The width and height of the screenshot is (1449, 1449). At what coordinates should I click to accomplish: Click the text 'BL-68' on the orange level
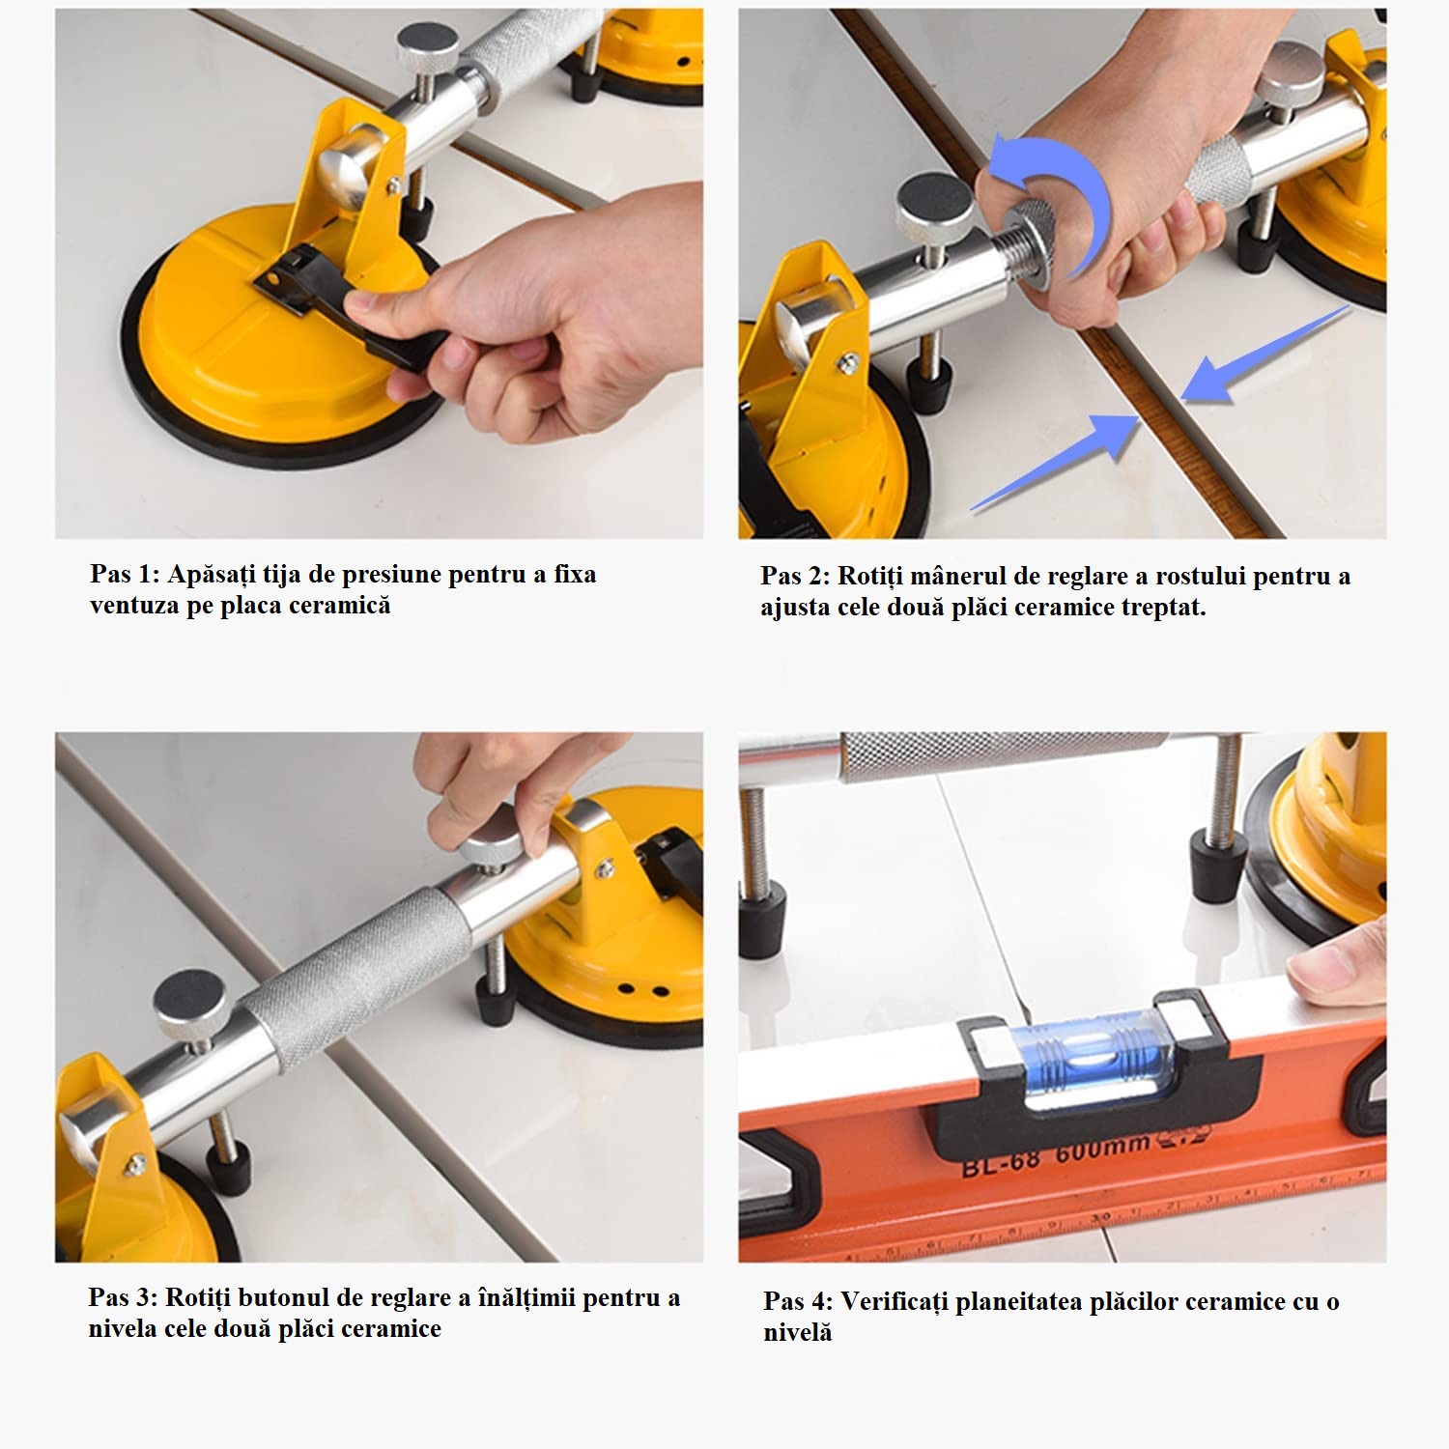pyautogui.click(x=1001, y=1162)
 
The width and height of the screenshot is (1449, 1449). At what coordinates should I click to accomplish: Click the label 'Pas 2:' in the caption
pyautogui.click(x=795, y=576)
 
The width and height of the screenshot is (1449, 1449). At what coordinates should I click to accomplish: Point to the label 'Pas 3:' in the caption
pyautogui.click(x=123, y=1297)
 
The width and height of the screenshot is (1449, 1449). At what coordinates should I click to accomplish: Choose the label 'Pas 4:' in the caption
pyautogui.click(x=798, y=1301)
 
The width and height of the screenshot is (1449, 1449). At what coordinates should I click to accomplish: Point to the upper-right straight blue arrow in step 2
pyautogui.click(x=1264, y=354)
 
